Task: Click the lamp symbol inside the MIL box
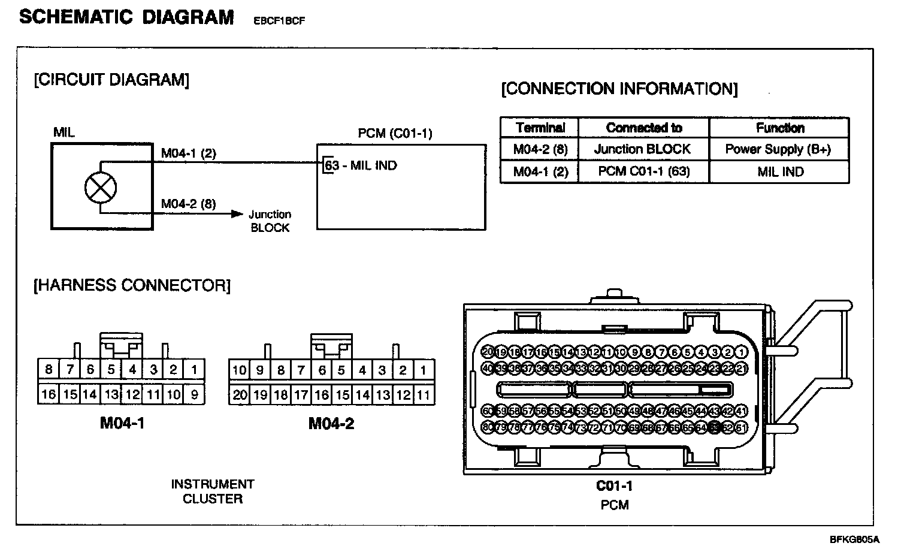click(x=101, y=188)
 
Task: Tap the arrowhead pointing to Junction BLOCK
click(x=238, y=214)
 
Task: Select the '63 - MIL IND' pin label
click(x=361, y=165)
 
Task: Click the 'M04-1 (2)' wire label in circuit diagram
click(x=189, y=153)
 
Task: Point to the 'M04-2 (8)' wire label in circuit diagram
click(x=189, y=204)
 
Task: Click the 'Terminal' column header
click(x=540, y=128)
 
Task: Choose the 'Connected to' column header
click(x=643, y=128)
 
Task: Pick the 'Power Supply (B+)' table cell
click(x=778, y=149)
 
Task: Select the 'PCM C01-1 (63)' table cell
click(x=643, y=171)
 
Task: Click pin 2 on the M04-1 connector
click(x=173, y=369)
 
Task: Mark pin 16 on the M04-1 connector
click(x=49, y=394)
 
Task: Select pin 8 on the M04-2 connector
click(x=280, y=370)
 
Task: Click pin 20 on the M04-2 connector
click(x=240, y=394)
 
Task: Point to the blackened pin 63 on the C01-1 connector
click(x=714, y=427)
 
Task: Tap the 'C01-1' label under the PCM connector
click(x=614, y=485)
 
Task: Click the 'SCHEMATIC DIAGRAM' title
click(x=127, y=17)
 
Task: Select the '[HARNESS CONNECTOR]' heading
click(x=132, y=285)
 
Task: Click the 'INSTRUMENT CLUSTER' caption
click(x=213, y=491)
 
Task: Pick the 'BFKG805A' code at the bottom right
click(x=854, y=539)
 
